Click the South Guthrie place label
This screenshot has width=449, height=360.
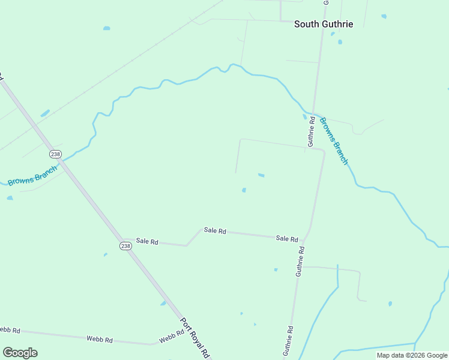[323, 24]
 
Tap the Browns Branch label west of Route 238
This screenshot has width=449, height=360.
[32, 175]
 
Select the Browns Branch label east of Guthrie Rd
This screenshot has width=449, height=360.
[333, 141]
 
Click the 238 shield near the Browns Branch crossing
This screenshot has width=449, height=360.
[56, 154]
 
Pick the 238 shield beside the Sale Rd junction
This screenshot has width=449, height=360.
[125, 246]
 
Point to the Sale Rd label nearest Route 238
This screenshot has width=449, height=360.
[146, 241]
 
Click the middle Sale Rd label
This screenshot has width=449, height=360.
[215, 230]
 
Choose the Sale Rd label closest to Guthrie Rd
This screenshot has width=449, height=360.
[287, 238]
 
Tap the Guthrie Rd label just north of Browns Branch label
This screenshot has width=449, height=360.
[311, 131]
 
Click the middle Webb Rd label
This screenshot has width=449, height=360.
[100, 340]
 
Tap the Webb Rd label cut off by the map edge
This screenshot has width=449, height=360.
[10, 330]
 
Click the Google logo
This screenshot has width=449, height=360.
[20, 353]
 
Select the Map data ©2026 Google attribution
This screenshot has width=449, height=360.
[412, 355]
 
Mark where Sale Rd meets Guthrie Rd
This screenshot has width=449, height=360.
[304, 239]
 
